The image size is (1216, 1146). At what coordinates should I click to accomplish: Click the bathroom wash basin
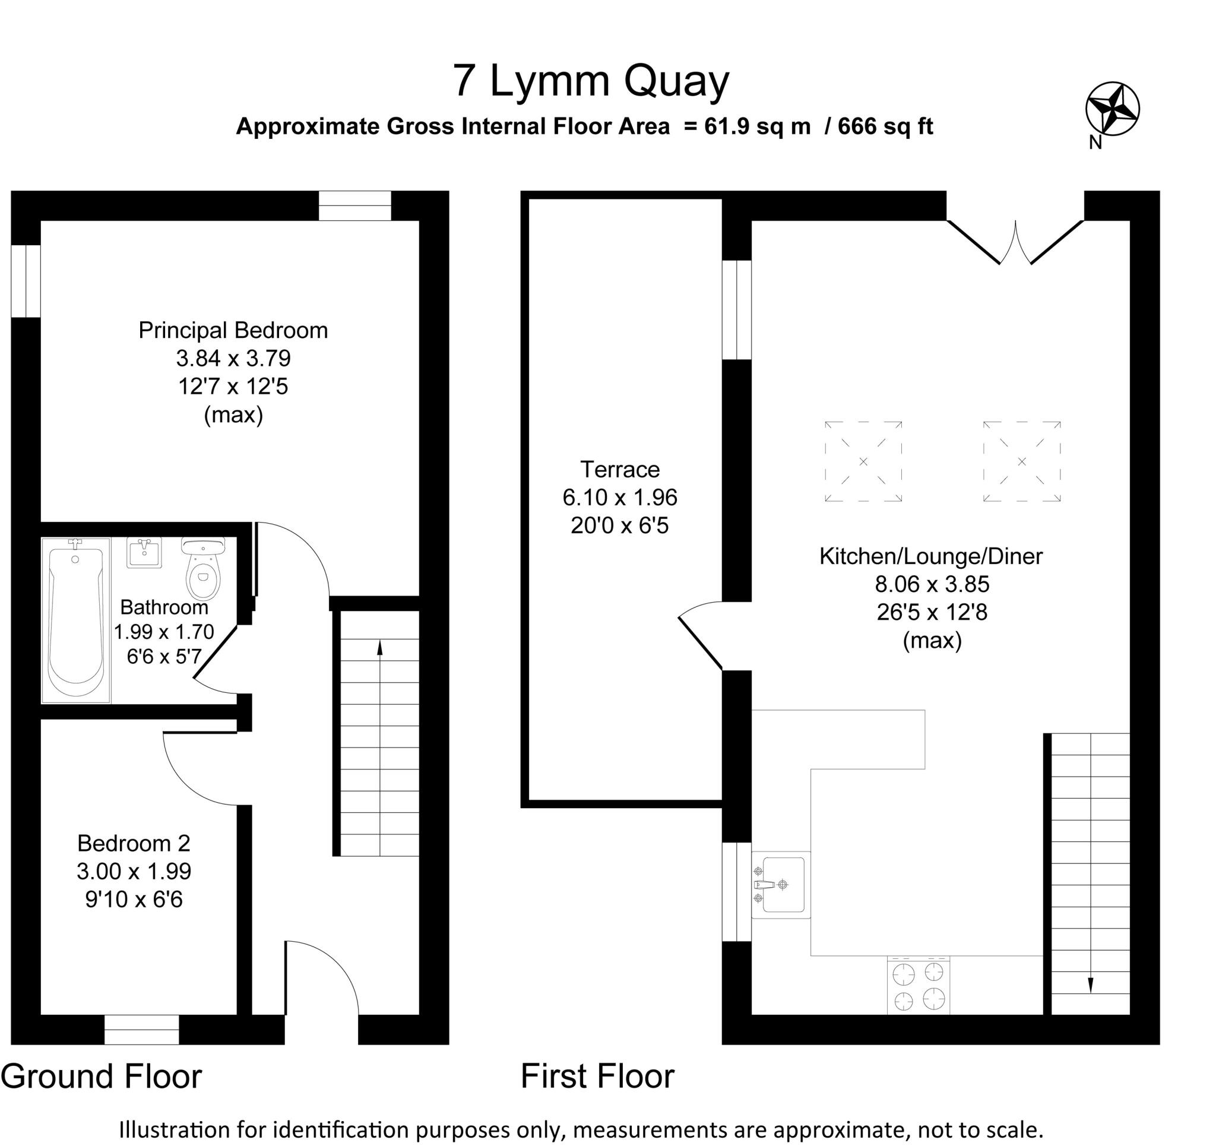pyautogui.click(x=144, y=552)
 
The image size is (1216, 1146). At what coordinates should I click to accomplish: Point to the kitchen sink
pyautogui.click(x=781, y=885)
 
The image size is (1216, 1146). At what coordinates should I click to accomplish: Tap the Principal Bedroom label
pyautogui.click(x=233, y=330)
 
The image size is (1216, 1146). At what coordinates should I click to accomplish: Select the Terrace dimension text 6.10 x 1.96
pyautogui.click(x=620, y=498)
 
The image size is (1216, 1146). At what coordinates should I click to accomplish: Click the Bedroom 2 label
pyautogui.click(x=134, y=843)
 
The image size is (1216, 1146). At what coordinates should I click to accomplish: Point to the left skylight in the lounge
pyautogui.click(x=863, y=461)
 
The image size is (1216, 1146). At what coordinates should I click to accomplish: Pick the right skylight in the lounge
pyautogui.click(x=1021, y=461)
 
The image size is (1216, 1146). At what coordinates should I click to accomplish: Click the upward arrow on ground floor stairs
pyautogui.click(x=380, y=648)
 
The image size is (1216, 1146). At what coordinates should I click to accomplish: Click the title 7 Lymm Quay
pyautogui.click(x=591, y=81)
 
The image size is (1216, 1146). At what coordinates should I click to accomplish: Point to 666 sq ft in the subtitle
pyautogui.click(x=885, y=126)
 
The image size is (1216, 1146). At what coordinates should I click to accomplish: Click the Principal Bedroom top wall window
pyautogui.click(x=355, y=205)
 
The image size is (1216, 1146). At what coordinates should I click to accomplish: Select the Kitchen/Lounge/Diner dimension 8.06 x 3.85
pyautogui.click(x=932, y=584)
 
